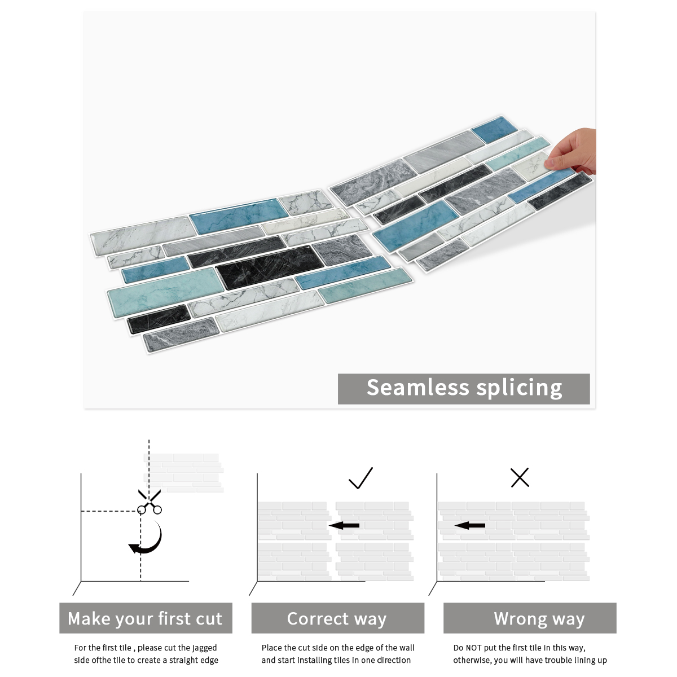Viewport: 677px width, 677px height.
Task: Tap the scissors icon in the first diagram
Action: pyautogui.click(x=149, y=502)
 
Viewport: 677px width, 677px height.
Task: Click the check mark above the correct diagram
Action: pyautogui.click(x=361, y=478)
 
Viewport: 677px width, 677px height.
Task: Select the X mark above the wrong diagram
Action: pyautogui.click(x=520, y=477)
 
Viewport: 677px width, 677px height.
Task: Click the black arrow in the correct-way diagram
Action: pyautogui.click(x=344, y=526)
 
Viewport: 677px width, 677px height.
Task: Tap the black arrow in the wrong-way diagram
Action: pyautogui.click(x=469, y=526)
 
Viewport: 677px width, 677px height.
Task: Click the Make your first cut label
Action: pyautogui.click(x=146, y=618)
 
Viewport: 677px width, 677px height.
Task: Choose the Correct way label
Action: pyautogui.click(x=337, y=618)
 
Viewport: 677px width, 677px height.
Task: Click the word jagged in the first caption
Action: pyautogui.click(x=205, y=648)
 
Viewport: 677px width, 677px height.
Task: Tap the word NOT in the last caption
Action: pyautogui.click(x=474, y=648)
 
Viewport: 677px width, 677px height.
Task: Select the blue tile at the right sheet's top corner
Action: pyautogui.click(x=494, y=130)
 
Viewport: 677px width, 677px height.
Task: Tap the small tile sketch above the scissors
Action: pyautogui.click(x=184, y=471)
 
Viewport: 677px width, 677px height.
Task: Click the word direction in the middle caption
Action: pyautogui.click(x=393, y=660)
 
